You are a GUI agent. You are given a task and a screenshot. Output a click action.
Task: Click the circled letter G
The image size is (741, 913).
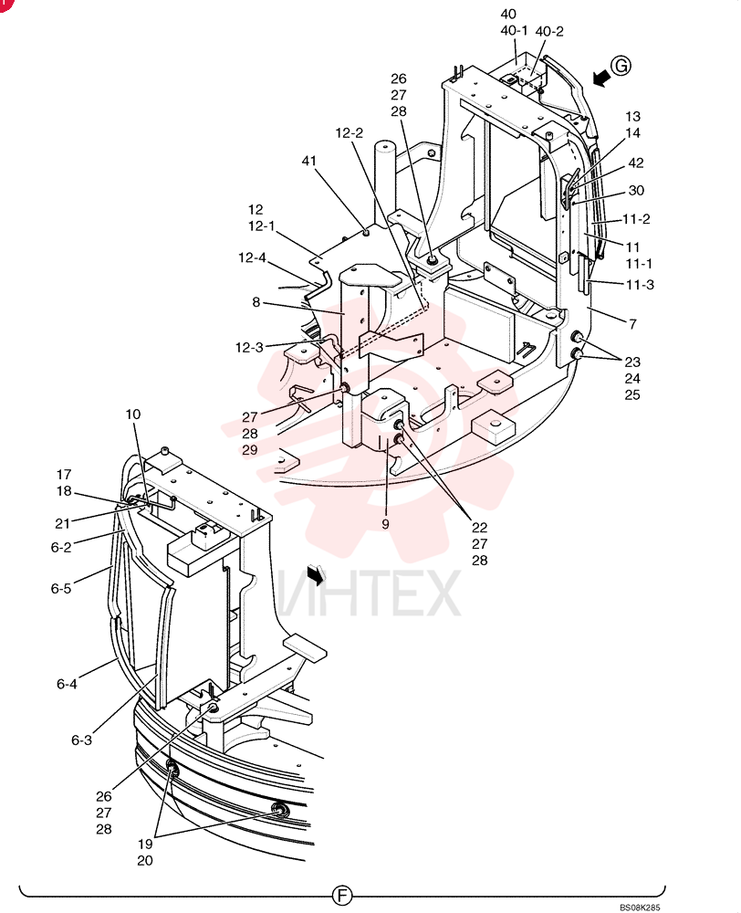tap(621, 66)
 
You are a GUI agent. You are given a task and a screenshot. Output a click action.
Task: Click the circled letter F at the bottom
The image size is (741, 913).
tap(342, 895)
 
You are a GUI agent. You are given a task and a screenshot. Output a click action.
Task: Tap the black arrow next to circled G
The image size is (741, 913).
tap(601, 78)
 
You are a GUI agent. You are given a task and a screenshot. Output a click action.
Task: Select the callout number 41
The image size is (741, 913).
tap(309, 160)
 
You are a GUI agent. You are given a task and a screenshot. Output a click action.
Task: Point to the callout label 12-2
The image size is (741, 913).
tap(350, 132)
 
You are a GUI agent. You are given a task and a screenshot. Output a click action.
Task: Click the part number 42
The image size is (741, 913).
tap(636, 163)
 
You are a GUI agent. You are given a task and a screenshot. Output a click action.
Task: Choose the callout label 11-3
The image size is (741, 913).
tap(640, 285)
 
